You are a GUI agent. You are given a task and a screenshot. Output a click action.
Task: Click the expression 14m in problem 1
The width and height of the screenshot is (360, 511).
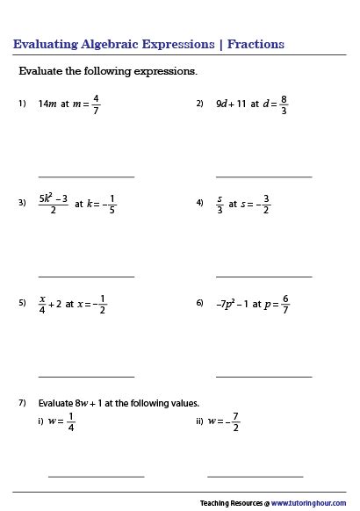(48, 104)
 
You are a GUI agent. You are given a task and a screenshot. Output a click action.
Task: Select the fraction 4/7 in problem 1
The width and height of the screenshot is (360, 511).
(97, 104)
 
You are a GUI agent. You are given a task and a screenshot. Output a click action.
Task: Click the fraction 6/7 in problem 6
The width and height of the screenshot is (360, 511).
(285, 304)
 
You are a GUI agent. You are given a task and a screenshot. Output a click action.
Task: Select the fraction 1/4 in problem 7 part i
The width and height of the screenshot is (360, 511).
(71, 421)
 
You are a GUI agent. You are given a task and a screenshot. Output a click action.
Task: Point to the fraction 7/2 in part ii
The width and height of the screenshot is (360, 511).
(236, 421)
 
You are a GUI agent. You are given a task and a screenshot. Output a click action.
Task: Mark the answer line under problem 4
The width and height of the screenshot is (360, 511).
(263, 277)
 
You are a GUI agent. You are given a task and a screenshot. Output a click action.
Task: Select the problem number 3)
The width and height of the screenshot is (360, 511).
(23, 204)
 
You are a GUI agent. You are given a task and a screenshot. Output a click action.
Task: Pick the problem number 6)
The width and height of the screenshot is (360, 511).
(200, 304)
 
